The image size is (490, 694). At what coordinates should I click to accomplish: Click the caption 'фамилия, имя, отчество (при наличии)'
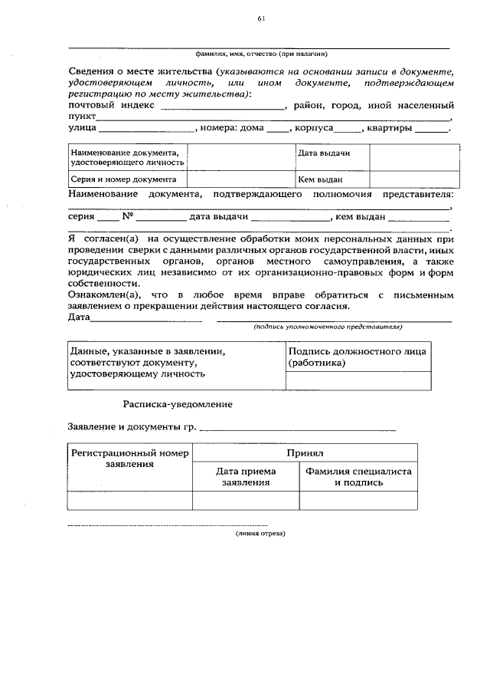(261, 54)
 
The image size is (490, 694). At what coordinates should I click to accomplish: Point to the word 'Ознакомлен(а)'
(103, 295)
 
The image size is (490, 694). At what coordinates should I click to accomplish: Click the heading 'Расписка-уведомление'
(178, 403)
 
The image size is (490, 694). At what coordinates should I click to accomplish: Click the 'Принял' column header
(305, 453)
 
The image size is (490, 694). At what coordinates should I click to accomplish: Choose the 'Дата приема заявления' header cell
(246, 477)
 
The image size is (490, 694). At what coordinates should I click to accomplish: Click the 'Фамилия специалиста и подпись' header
(358, 477)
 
